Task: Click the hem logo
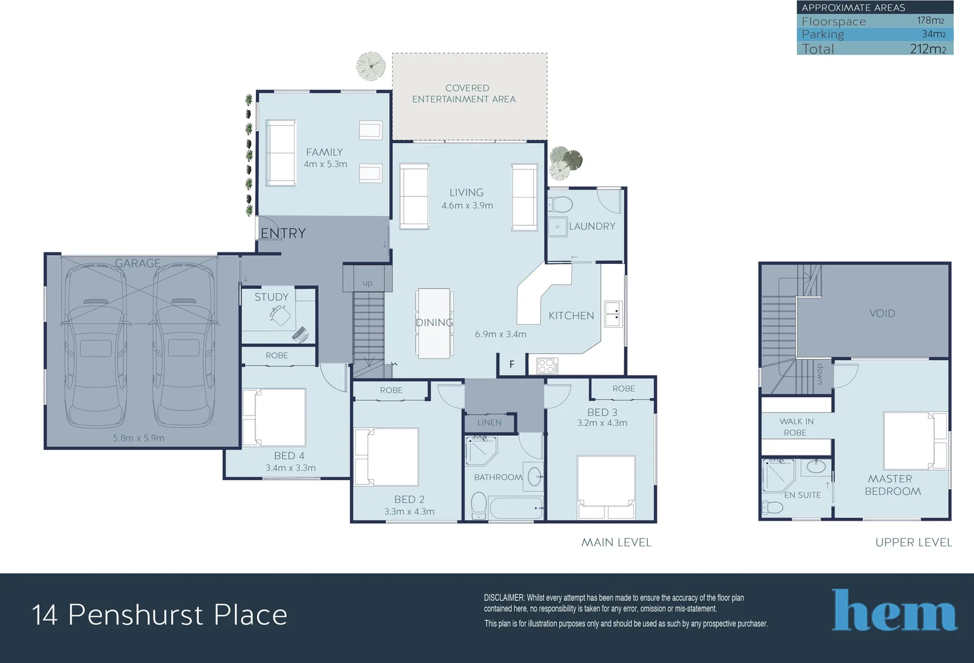(894, 610)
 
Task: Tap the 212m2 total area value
(927, 49)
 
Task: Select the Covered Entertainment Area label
(465, 94)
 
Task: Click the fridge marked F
(512, 364)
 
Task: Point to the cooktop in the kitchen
(547, 366)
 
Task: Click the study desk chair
(280, 316)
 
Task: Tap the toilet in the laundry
(560, 204)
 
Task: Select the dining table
(435, 324)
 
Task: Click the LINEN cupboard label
(489, 422)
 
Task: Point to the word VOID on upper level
(882, 313)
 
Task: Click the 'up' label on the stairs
(368, 283)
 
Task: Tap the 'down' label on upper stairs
(820, 374)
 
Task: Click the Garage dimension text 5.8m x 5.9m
(139, 438)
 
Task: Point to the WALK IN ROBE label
(796, 427)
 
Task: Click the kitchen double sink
(612, 313)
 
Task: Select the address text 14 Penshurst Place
(160, 615)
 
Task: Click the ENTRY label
(283, 233)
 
